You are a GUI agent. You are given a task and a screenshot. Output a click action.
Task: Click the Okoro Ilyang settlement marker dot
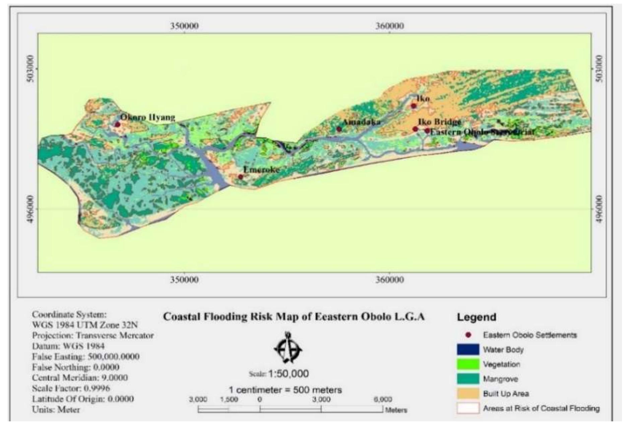117,124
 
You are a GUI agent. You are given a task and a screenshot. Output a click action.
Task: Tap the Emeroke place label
261,170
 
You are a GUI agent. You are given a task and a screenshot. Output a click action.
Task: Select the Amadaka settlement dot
339,129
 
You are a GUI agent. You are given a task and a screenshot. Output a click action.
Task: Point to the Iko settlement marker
414,106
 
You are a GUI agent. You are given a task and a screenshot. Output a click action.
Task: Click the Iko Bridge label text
439,122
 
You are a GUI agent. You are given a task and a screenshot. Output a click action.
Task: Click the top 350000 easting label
184,26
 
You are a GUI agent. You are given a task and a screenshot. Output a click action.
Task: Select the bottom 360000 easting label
389,280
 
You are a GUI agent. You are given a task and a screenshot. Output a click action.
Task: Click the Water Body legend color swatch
468,350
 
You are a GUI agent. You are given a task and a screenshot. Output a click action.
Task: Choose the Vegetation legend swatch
468,364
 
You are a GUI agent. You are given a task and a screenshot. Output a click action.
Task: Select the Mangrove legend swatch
468,379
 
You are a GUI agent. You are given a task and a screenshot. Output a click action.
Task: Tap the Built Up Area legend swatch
468,393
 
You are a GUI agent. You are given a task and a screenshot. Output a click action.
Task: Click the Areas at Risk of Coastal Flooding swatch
468,408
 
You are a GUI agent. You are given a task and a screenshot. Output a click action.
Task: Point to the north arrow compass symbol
288,348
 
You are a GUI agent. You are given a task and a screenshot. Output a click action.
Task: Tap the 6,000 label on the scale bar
383,400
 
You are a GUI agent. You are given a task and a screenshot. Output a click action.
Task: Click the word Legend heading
476,317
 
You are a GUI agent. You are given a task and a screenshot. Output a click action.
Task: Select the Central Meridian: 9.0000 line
80,377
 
